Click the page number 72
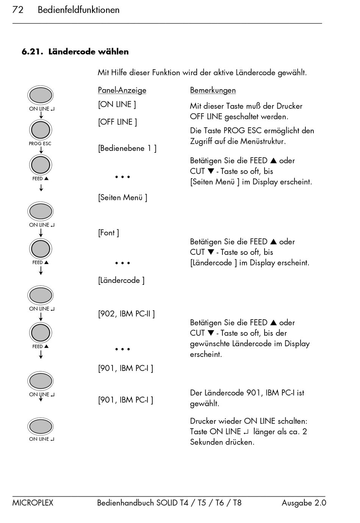coord(18,10)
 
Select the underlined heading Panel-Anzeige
coord(122,90)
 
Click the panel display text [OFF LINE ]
coord(117,122)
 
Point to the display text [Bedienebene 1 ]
coord(127,148)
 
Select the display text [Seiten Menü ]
coord(123,198)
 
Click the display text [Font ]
coord(108,233)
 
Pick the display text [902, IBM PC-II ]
coord(127,314)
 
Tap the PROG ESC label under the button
coord(40,144)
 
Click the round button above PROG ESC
coord(41,130)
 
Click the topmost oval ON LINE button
coord(41,95)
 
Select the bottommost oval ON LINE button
coord(41,427)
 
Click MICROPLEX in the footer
coord(33,503)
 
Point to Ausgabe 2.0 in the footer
coord(304,503)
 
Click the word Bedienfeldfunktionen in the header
coord(78,10)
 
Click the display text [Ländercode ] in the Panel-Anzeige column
coord(121,281)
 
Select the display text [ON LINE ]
coord(117,104)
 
